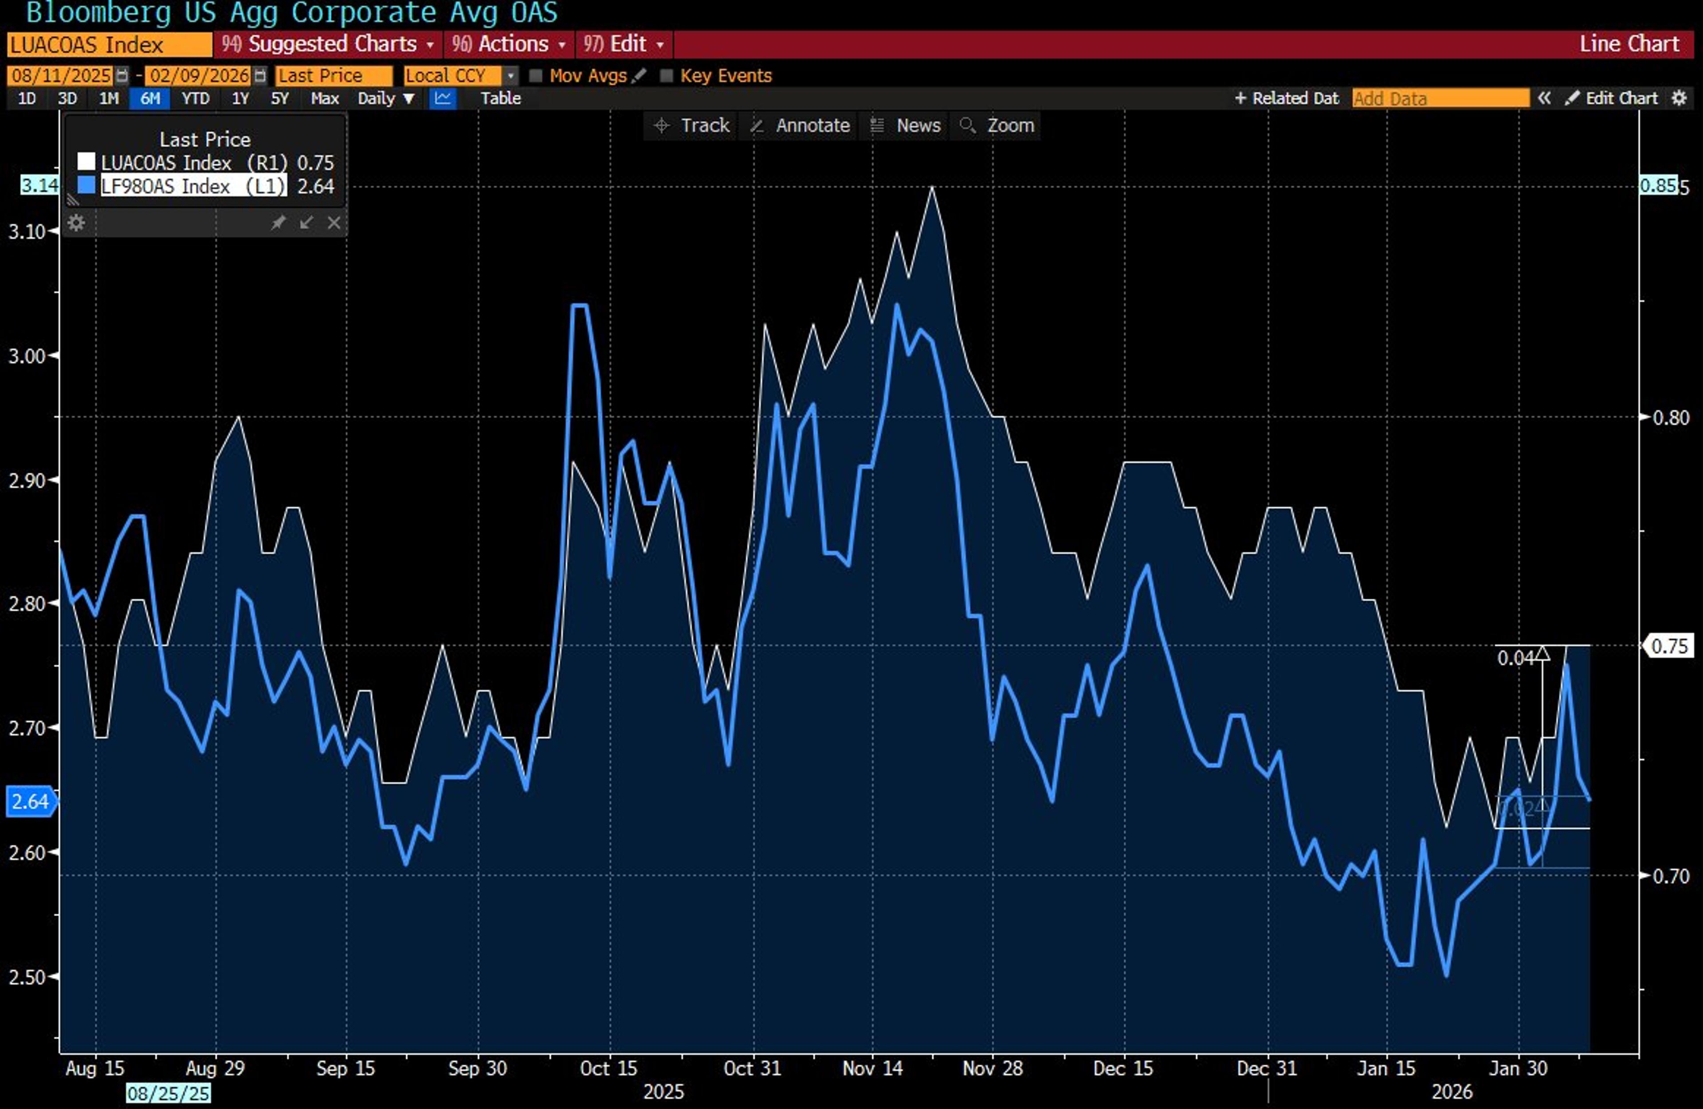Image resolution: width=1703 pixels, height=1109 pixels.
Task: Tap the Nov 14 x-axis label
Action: (x=872, y=1068)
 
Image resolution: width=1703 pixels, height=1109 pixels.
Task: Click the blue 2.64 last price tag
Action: (x=30, y=801)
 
